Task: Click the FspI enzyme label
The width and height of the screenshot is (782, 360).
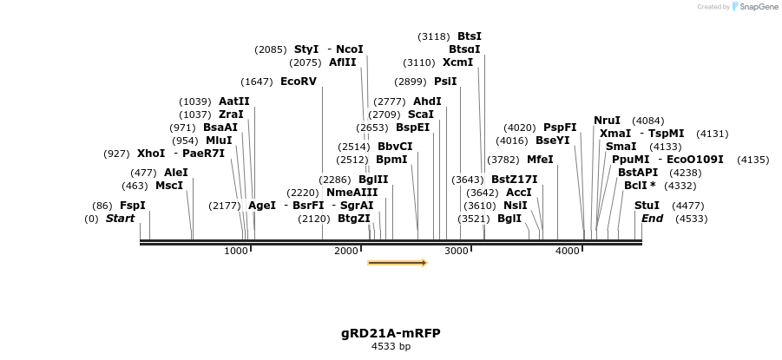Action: tap(133, 206)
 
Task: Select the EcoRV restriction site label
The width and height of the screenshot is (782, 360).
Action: tap(299, 82)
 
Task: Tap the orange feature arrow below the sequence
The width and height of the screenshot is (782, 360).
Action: tap(398, 262)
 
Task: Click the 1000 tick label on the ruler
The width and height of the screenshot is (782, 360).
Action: tap(236, 251)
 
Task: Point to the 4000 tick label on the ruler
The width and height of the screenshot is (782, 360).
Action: tap(568, 251)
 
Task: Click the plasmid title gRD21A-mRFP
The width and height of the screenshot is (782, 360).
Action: tap(391, 333)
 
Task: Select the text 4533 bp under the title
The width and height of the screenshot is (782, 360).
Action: tap(391, 346)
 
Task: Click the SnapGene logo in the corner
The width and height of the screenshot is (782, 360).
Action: tap(755, 7)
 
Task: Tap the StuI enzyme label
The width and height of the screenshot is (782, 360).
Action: tap(647, 206)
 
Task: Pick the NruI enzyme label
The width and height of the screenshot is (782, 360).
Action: tap(608, 121)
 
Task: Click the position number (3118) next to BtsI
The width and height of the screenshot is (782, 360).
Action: tap(434, 36)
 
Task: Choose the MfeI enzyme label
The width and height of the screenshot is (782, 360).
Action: tap(540, 160)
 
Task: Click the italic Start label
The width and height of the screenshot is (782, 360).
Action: tap(120, 219)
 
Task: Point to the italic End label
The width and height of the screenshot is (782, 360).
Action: tap(652, 219)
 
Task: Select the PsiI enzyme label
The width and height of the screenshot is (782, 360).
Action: tap(445, 82)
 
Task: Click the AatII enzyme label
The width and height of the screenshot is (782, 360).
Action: tap(233, 101)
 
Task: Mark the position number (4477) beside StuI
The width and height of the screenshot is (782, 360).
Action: tap(688, 206)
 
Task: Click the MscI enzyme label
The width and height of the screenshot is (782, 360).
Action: tap(169, 186)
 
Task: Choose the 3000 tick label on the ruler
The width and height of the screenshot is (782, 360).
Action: tap(457, 251)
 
